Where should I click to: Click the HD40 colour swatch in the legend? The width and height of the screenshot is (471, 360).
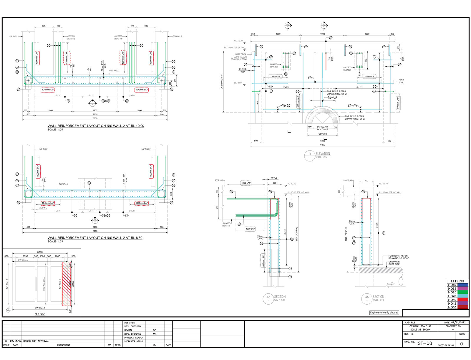[x=462, y=285]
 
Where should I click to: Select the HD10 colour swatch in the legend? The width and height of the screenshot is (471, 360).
[x=462, y=307]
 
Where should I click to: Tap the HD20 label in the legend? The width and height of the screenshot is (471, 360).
[x=452, y=296]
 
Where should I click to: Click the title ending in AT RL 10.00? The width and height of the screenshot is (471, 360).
[x=96, y=126]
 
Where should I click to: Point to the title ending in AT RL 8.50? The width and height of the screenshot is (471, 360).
[x=95, y=238]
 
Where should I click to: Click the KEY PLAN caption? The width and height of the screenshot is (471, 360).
[x=40, y=314]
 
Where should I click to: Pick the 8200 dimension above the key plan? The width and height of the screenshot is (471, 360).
[x=40, y=252]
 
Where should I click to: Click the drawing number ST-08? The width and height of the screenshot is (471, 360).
[x=425, y=343]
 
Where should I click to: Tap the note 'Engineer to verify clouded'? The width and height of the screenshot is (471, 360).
[x=384, y=313]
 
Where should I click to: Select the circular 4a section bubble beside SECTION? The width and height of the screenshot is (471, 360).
[x=268, y=298]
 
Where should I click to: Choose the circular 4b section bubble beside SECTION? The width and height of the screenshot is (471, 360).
[x=367, y=298]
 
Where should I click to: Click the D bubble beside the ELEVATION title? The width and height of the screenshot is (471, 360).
[x=310, y=155]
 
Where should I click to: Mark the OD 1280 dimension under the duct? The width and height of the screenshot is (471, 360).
[x=322, y=134]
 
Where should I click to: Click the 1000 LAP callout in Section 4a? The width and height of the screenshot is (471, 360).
[x=250, y=229]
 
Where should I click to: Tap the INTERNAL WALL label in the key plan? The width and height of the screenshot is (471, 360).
[x=44, y=284]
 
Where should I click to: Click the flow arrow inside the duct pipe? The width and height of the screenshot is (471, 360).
[x=391, y=284]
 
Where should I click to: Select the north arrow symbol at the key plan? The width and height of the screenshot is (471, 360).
[x=8, y=309]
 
